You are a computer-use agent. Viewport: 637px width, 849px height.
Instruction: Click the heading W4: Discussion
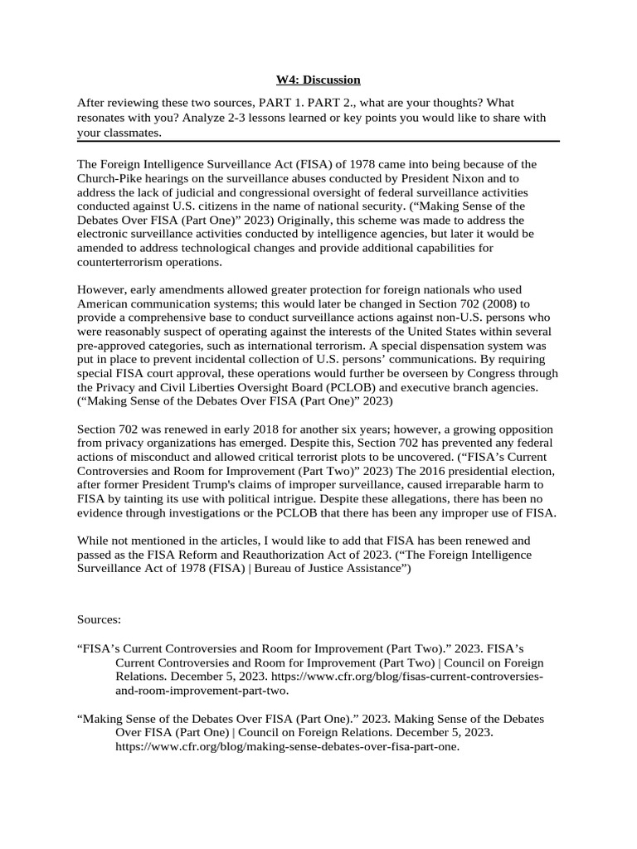click(318, 80)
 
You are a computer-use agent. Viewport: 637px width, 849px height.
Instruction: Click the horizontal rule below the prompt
click(318, 141)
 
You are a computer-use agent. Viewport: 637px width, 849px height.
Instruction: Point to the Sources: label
click(99, 619)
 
